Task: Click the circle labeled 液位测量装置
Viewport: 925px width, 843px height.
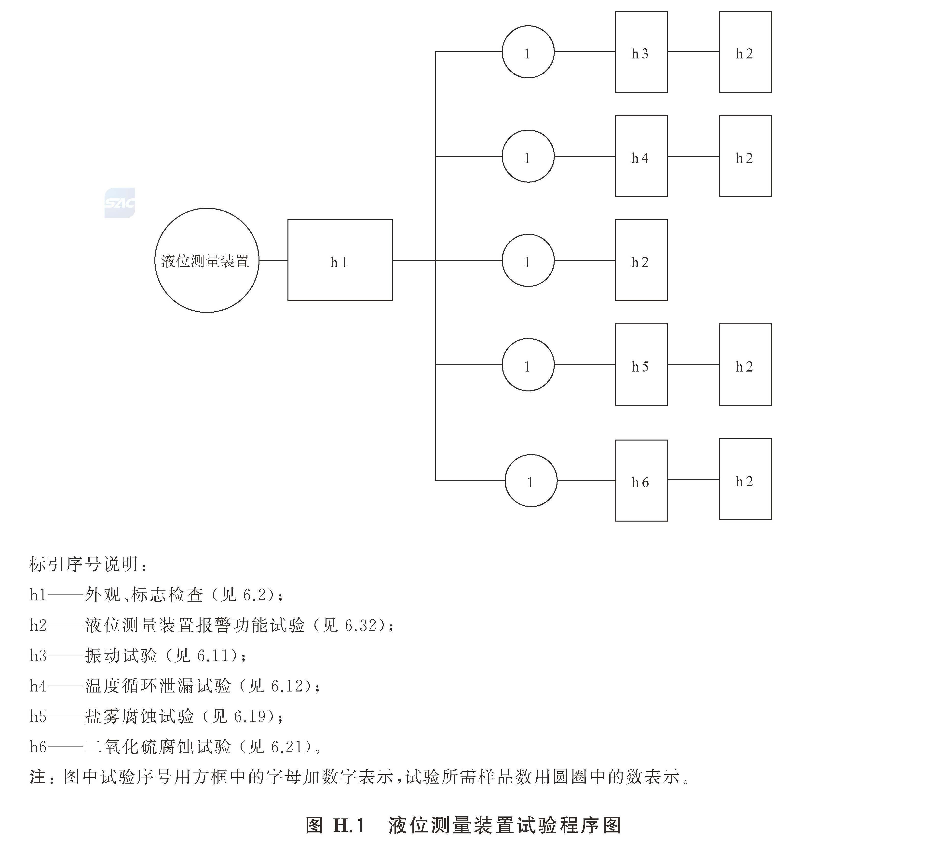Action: tap(206, 260)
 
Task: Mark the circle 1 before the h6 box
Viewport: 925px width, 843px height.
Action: tap(531, 481)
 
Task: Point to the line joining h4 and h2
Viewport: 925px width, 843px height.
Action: tap(693, 156)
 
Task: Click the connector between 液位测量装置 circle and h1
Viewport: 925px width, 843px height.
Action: tap(273, 260)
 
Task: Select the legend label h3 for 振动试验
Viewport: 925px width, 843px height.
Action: tap(38, 655)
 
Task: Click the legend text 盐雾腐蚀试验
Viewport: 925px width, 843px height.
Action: tap(139, 716)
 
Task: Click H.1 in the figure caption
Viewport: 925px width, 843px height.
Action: tap(348, 825)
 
